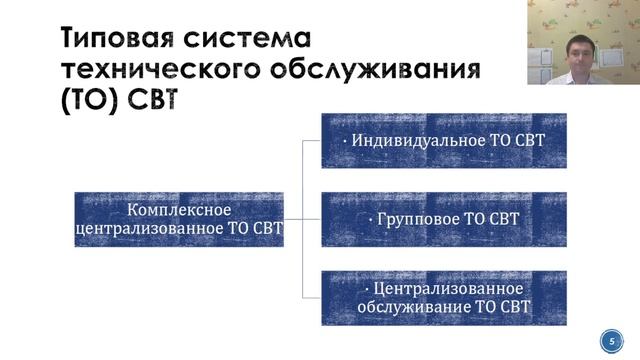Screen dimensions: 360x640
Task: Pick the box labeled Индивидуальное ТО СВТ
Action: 443,140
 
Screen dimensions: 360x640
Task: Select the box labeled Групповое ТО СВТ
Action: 443,218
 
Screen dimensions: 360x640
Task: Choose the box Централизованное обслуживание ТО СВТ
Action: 443,297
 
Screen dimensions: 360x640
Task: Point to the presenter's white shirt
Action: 585,75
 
